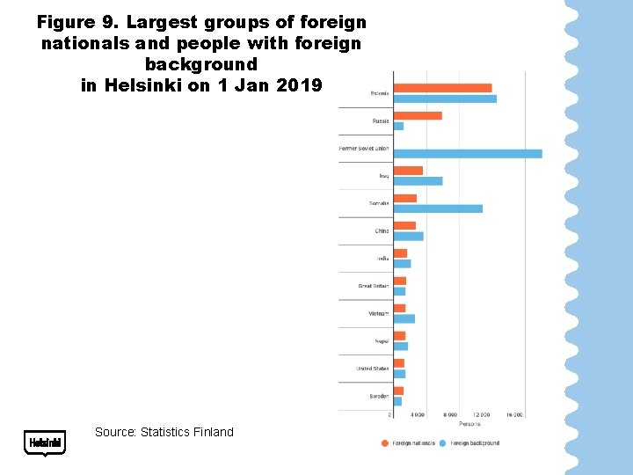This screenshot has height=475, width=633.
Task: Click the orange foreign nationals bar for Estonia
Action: (442, 88)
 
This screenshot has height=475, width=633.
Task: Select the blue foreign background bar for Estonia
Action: (445, 99)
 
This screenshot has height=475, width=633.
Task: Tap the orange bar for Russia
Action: (418, 115)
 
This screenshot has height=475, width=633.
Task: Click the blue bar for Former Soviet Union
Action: (468, 154)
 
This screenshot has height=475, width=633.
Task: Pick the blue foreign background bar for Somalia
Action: (438, 208)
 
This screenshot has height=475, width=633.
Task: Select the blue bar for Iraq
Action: (418, 181)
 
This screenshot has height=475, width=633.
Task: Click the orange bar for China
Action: (404, 226)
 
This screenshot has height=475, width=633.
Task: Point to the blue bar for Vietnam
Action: (404, 318)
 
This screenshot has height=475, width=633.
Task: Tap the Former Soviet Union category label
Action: (364, 149)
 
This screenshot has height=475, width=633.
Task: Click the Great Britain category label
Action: (373, 286)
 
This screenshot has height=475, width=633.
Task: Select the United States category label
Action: (372, 369)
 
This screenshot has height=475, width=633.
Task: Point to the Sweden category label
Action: (379, 396)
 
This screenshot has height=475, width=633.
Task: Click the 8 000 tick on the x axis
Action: (449, 414)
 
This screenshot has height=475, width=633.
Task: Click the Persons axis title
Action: (469, 424)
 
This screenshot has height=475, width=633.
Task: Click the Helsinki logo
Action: (45, 442)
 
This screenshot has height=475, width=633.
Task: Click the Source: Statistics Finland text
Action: (164, 432)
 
